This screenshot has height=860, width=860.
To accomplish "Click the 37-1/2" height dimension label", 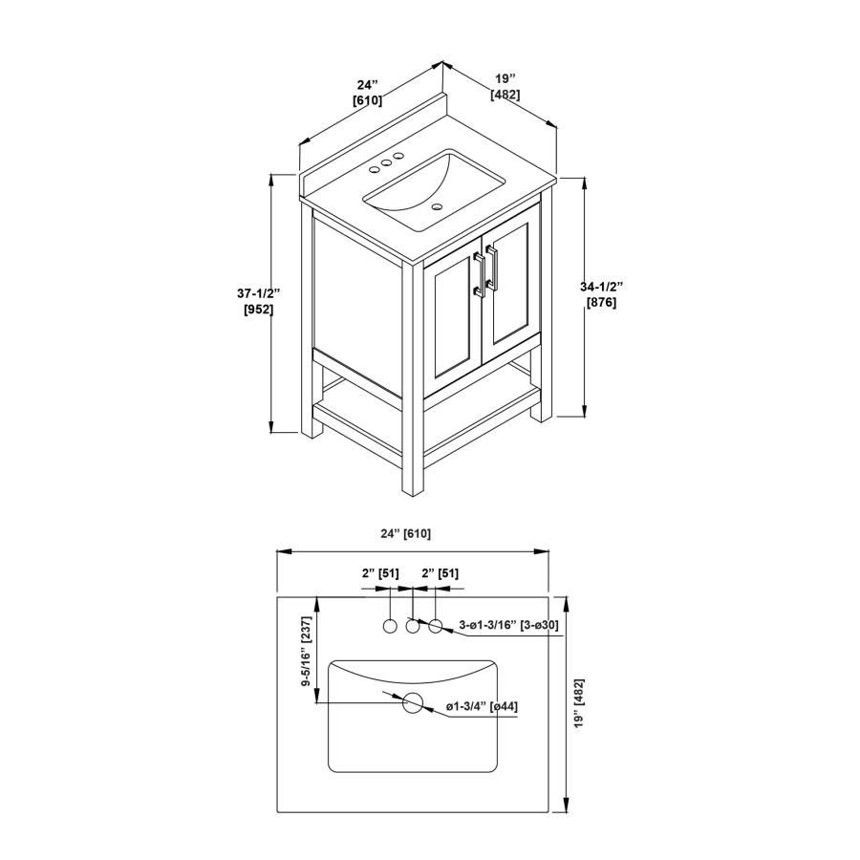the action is point(258,293).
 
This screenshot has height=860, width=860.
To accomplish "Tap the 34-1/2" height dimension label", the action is point(602,287).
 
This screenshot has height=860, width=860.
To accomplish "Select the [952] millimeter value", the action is point(258,310).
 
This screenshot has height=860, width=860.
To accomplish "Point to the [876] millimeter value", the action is point(601,302).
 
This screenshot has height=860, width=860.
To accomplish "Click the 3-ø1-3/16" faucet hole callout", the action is point(508,624).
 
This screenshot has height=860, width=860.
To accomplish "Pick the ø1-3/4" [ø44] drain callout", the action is point(482,706).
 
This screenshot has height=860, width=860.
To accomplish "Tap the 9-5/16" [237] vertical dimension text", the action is point(306,652).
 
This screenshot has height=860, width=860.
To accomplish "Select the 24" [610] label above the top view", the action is point(406,533).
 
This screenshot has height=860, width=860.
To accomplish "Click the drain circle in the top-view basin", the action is point(413,702).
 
